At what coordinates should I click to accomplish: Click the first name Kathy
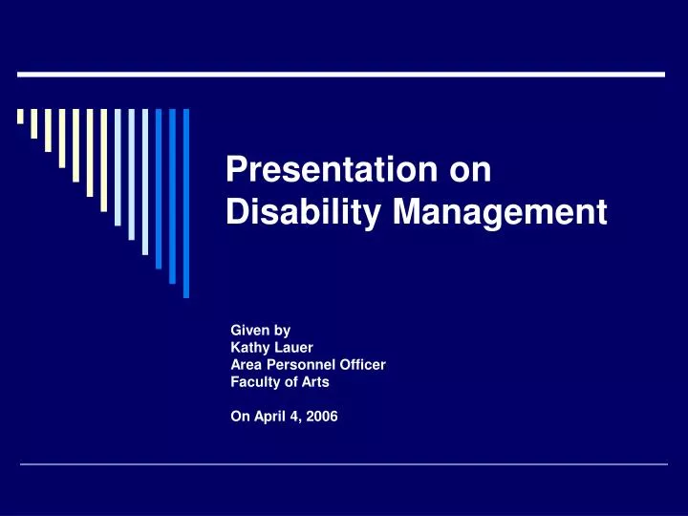[249, 348]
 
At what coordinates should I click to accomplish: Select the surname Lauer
[290, 348]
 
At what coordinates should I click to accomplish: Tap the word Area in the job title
[246, 364]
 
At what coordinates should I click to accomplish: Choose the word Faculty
[254, 380]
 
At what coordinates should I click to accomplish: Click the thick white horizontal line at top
[341, 74]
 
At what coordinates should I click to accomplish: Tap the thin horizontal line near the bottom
[343, 464]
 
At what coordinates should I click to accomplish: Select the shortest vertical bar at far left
[20, 117]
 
